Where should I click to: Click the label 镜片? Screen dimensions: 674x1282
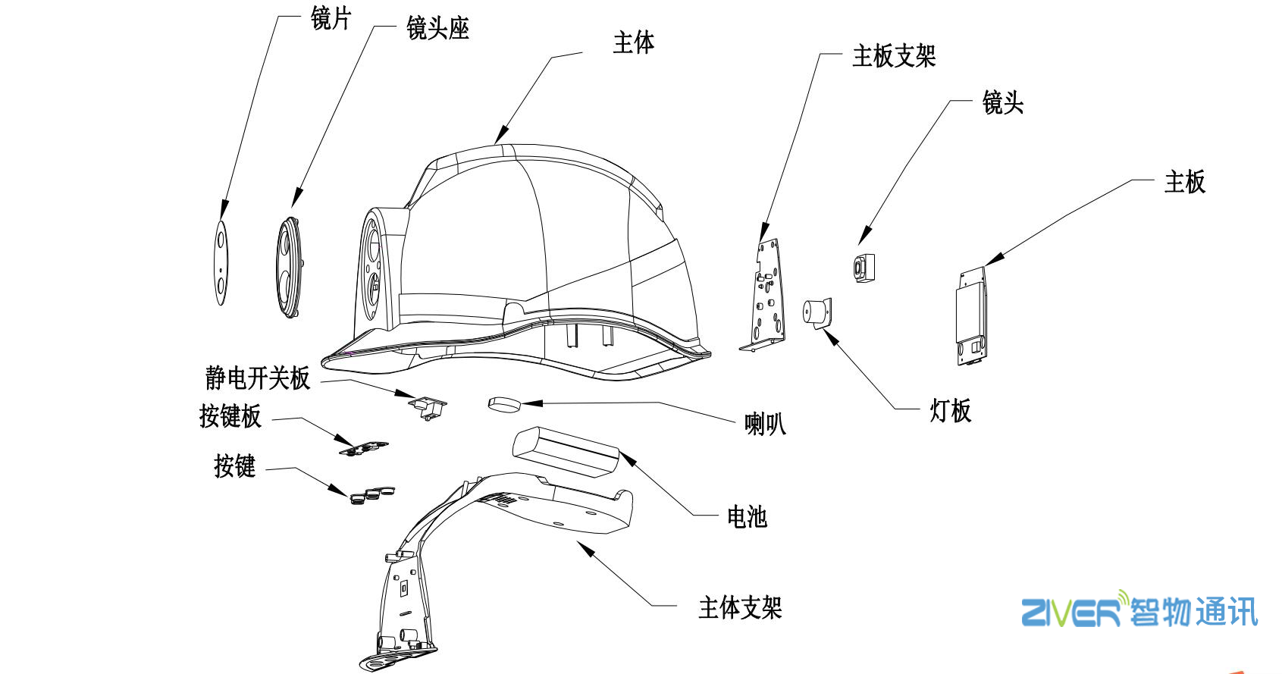tap(331, 18)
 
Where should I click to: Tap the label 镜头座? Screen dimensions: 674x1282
tap(437, 29)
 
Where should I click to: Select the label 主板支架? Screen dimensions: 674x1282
tap(893, 56)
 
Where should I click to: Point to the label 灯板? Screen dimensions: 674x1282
tap(950, 411)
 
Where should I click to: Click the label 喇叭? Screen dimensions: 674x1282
tap(764, 423)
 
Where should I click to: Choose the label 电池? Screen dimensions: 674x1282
tap(747, 517)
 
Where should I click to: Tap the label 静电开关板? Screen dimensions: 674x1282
tap(257, 378)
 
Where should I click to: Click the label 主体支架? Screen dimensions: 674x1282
tap(739, 607)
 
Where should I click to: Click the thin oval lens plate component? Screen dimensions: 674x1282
tap(221, 263)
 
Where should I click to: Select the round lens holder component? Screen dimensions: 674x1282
tap(290, 266)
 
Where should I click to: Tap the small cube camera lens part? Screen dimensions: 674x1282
tap(864, 268)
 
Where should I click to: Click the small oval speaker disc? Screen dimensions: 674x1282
tap(504, 403)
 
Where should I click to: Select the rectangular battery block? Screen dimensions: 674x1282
tap(565, 451)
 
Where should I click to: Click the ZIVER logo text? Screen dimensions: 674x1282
tap(1070, 612)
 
